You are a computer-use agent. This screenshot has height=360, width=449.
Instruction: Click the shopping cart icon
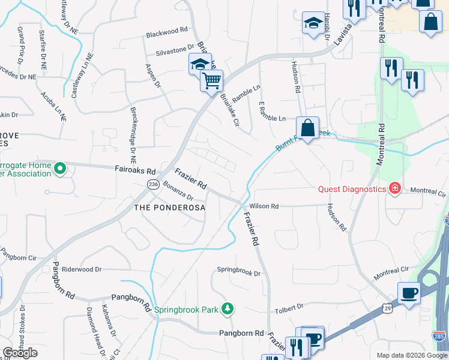[211, 80]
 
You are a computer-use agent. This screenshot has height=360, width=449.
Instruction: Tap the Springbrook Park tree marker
[227, 309]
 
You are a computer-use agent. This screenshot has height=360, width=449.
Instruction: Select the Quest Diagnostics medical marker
[395, 189]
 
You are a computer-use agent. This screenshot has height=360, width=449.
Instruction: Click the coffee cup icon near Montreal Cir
[409, 293]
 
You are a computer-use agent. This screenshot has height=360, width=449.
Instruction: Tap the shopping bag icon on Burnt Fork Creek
[307, 128]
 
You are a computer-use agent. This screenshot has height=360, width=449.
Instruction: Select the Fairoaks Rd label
[135, 170]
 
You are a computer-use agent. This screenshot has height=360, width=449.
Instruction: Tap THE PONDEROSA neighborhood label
[169, 208]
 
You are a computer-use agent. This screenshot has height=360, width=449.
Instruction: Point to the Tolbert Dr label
[289, 307]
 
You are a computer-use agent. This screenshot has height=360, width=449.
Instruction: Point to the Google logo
[20, 353]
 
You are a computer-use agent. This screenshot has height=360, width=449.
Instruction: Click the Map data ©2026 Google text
[411, 355]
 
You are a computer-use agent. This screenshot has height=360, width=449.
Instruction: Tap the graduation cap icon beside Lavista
[312, 23]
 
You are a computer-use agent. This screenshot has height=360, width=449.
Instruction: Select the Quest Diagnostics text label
[352, 189]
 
